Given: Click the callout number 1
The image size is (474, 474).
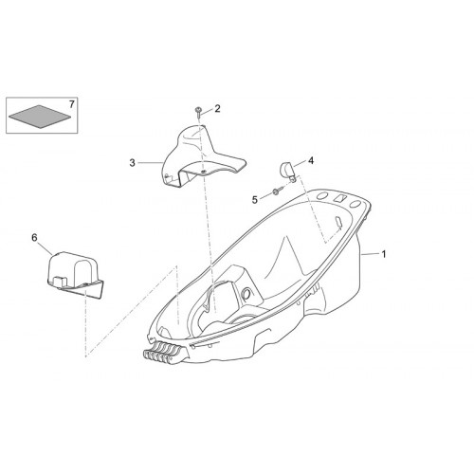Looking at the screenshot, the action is pyautogui.click(x=384, y=254).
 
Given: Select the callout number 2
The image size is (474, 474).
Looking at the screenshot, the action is pyautogui.click(x=217, y=109).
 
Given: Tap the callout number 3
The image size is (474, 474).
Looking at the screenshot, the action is pyautogui.click(x=132, y=163).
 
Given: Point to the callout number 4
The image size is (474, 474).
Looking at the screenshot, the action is pyautogui.click(x=311, y=161).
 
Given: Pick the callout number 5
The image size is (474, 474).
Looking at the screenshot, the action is pyautogui.click(x=255, y=200).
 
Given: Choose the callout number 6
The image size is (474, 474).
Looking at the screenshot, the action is pyautogui.click(x=34, y=237).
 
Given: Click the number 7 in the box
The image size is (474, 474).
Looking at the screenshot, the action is pyautogui.click(x=71, y=104).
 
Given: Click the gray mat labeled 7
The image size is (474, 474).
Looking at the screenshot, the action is pyautogui.click(x=40, y=117).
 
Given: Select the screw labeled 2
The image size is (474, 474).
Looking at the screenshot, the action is pyautogui.click(x=198, y=112).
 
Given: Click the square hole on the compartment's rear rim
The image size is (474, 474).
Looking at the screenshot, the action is pyautogui.click(x=339, y=198).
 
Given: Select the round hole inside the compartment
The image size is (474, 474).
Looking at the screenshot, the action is pyautogui.click(x=246, y=293).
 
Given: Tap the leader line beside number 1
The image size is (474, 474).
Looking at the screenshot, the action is pyautogui.click(x=371, y=253).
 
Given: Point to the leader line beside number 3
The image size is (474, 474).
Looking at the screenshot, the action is pyautogui.click(x=151, y=163).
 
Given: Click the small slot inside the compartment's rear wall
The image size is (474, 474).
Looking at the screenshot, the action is pyautogui.click(x=337, y=221).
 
